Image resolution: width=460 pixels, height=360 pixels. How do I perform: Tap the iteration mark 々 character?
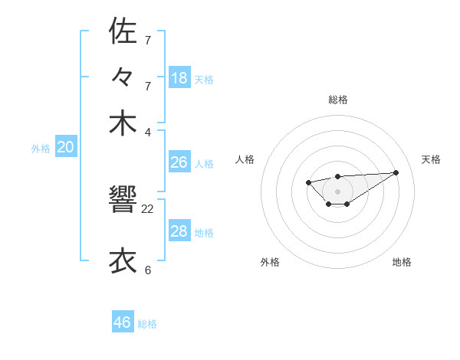point(123,77)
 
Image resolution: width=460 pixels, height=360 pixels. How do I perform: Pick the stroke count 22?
point(148,208)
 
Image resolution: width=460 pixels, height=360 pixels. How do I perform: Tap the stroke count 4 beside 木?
point(148,131)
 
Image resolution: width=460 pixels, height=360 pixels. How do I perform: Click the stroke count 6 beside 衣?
point(148,270)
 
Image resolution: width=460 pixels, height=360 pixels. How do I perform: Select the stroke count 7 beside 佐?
point(148,39)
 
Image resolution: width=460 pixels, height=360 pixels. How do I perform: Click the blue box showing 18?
point(179,78)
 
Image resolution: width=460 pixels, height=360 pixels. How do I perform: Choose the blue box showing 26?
point(179,162)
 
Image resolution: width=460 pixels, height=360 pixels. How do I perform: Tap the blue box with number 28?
point(179,231)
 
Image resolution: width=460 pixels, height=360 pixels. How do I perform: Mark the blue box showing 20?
point(66,148)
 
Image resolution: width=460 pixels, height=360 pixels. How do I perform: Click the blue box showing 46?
point(123,322)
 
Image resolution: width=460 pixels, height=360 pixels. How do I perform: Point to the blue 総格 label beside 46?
point(147,324)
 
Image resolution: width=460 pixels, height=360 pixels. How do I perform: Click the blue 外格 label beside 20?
point(41,149)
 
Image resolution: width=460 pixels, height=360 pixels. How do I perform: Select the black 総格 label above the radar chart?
point(337,100)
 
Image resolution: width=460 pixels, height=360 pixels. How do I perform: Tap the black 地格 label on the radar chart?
point(402,262)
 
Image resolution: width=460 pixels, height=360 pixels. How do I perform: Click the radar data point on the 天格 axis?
point(396,172)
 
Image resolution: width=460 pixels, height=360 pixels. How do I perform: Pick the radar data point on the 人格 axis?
point(308,182)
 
